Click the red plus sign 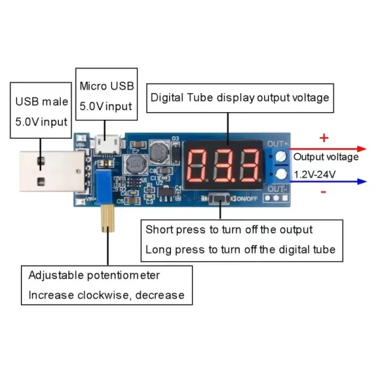point(324,137)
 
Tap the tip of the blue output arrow point(366,182)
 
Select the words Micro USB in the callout point(107,86)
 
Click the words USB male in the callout point(42,101)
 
